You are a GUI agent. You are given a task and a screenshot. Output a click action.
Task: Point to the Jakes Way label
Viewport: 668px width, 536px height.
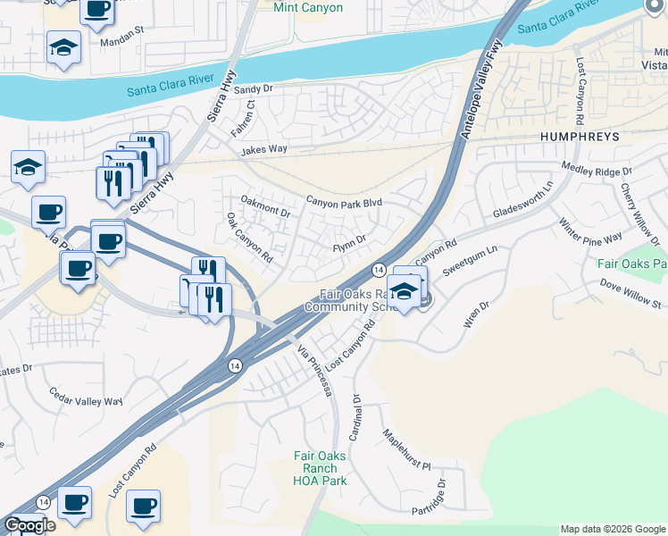tap(263, 150)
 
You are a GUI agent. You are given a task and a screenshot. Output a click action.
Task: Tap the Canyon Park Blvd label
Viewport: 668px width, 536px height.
tap(344, 204)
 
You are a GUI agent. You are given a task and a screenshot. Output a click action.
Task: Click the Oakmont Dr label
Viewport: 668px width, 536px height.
tap(266, 208)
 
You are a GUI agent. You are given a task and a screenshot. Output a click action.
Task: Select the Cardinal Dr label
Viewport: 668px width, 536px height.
tap(356, 419)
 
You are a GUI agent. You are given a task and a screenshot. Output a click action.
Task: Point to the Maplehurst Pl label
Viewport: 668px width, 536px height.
tap(407, 452)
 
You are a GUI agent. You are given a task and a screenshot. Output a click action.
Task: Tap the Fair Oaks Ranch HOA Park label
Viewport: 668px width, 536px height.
tap(316, 467)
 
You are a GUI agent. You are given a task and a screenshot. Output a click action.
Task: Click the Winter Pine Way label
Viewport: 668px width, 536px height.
tap(590, 231)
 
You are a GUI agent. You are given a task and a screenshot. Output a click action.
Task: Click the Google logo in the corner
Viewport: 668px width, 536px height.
tap(29, 526)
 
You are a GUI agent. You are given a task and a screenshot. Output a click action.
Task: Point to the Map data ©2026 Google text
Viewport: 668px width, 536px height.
tap(614, 529)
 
